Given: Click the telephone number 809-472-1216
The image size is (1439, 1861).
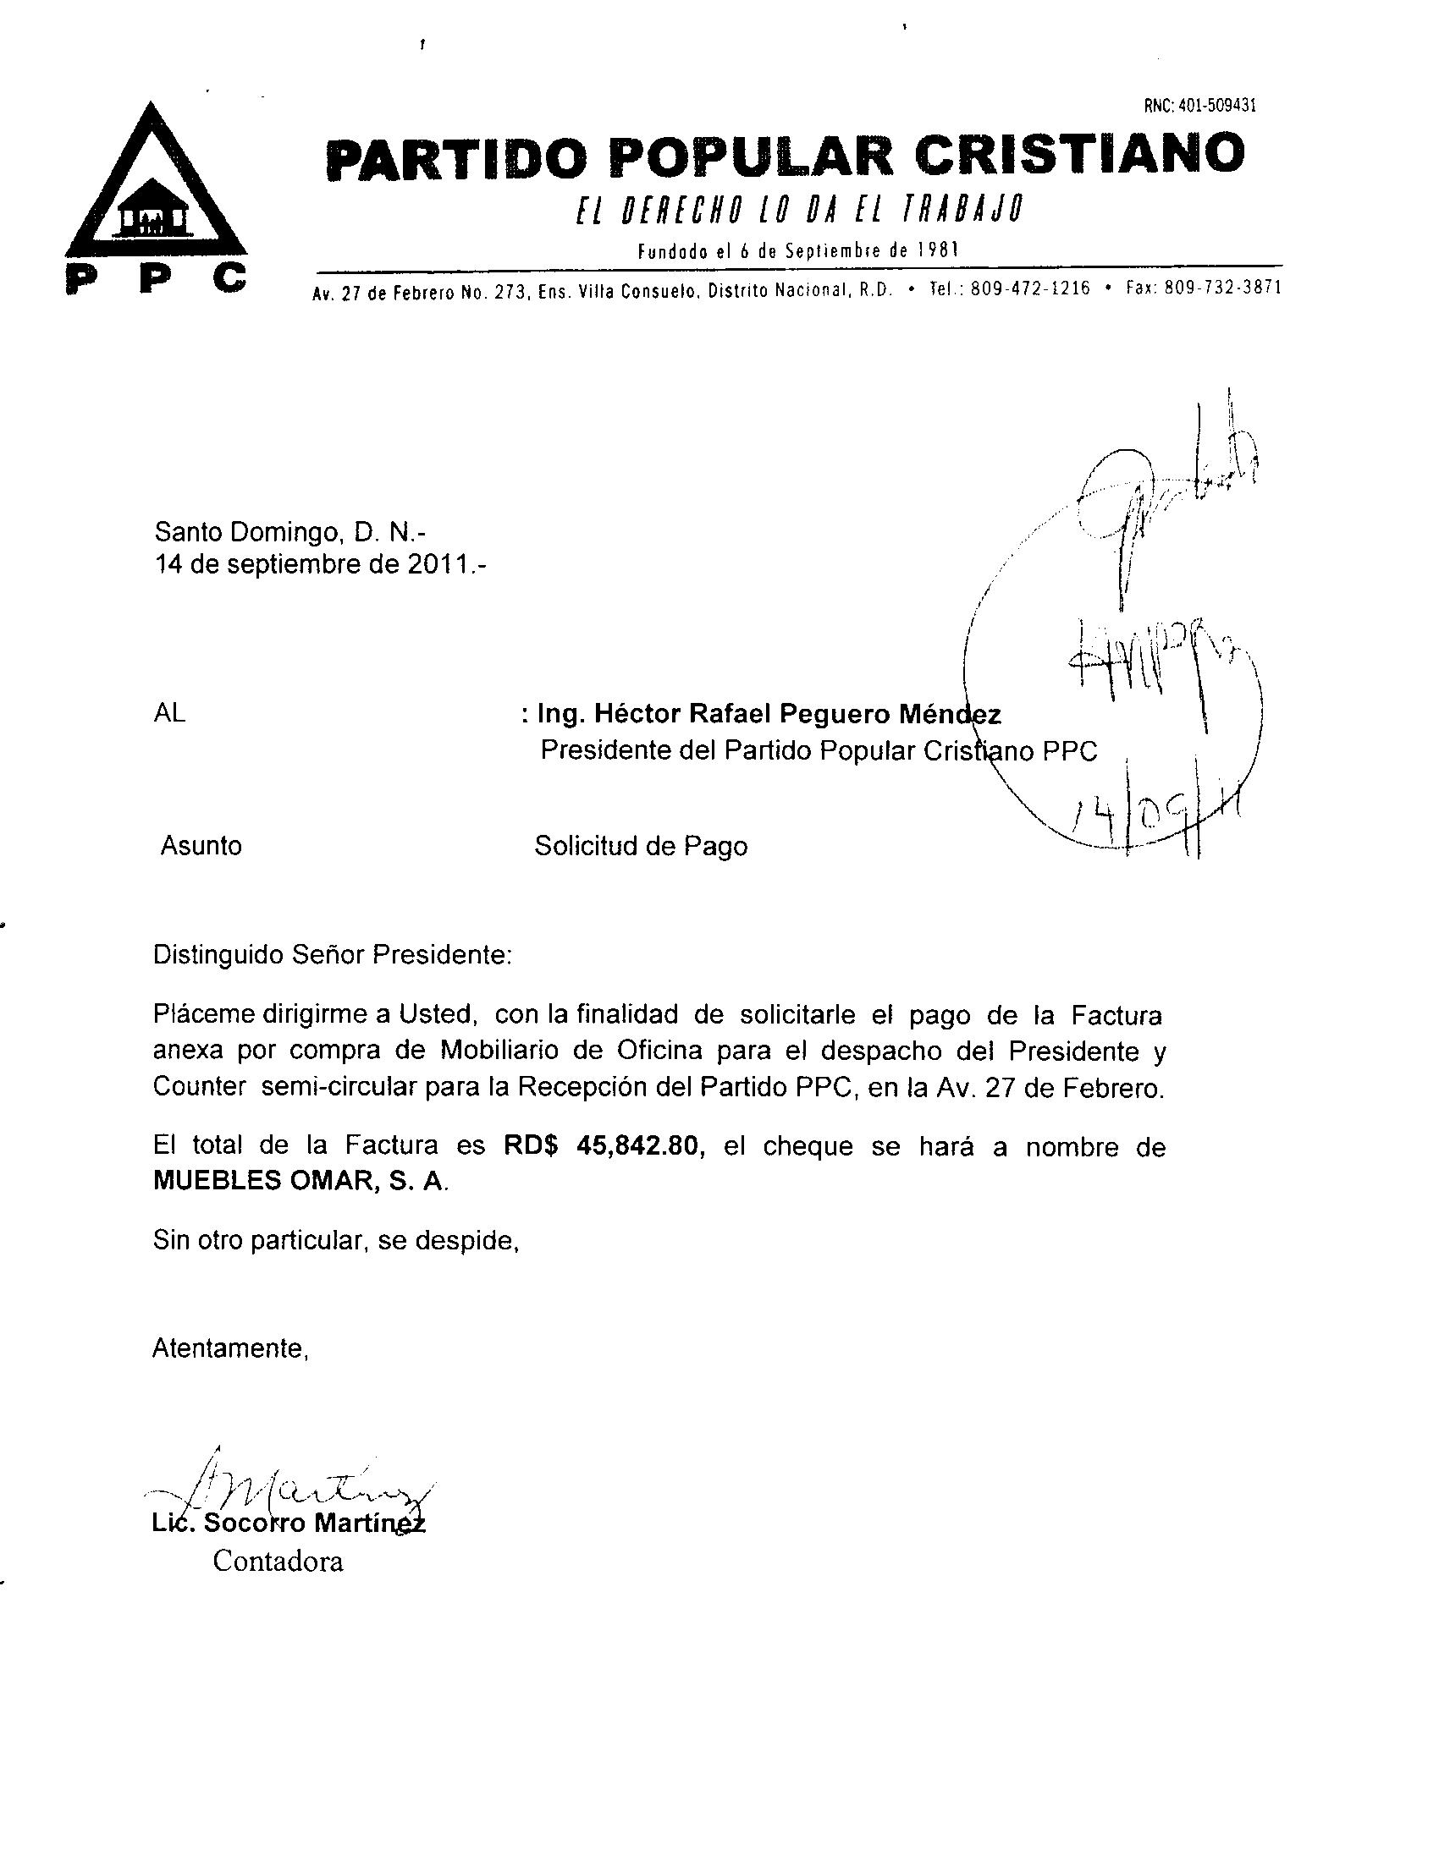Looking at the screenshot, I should point(1030,288).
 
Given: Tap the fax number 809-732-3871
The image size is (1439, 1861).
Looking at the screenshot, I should point(1221,288).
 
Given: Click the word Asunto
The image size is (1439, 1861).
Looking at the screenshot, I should point(201,846).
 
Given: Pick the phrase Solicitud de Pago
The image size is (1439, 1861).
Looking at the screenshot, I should point(640,846).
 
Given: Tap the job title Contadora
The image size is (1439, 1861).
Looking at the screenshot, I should point(278,1561).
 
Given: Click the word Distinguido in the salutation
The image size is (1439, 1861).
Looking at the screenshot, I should point(218,955).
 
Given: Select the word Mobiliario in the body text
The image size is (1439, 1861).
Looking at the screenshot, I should point(497,1051).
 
